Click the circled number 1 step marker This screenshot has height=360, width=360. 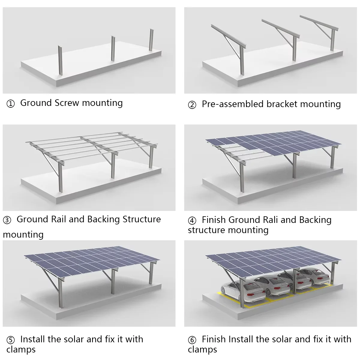(x=10, y=104)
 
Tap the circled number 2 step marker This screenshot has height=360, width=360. (x=192, y=105)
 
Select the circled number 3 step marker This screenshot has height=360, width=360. (x=7, y=220)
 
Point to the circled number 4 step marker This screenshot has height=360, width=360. (x=192, y=221)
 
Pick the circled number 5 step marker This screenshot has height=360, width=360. (x=10, y=340)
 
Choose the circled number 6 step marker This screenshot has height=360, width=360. (x=192, y=340)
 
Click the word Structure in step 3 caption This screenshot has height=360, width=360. (x=142, y=219)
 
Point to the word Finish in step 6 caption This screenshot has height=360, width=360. (x=214, y=339)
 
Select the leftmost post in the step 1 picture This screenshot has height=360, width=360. (x=61, y=61)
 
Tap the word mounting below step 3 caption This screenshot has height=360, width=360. (x=23, y=234)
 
